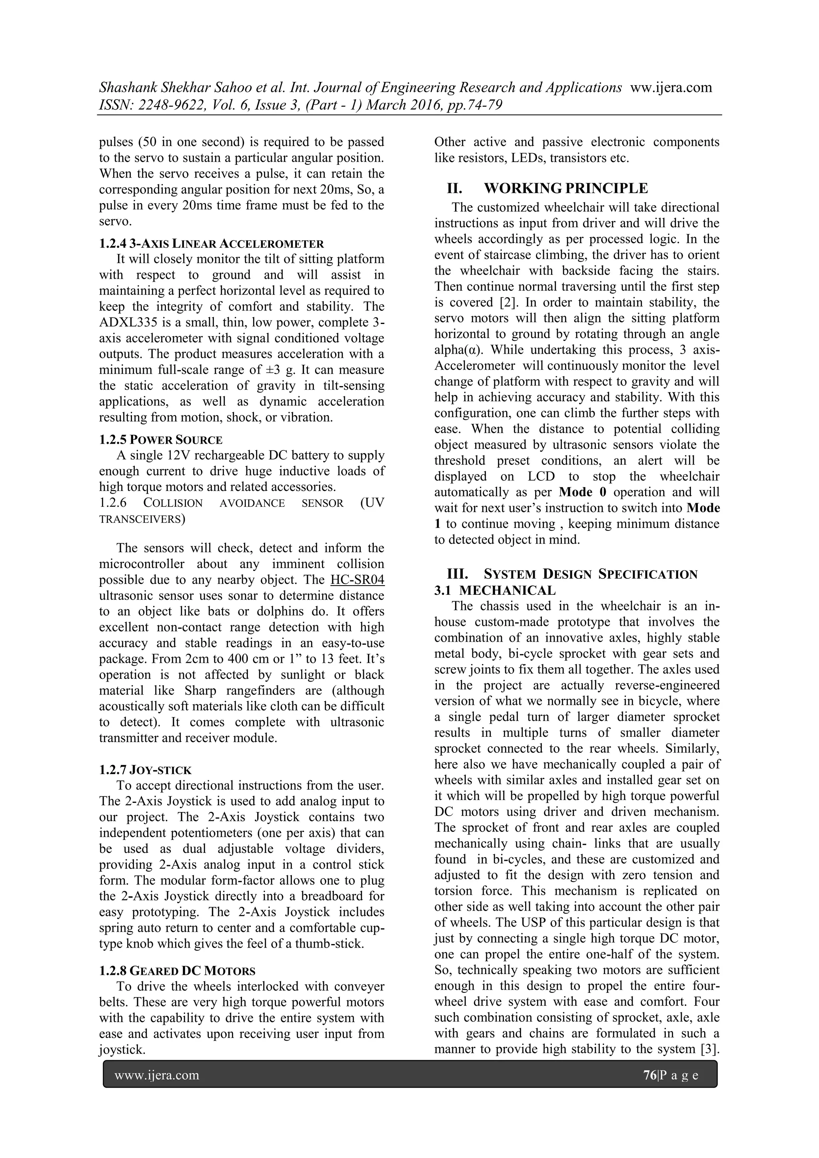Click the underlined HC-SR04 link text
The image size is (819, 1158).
click(357, 580)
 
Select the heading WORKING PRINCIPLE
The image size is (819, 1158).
click(566, 189)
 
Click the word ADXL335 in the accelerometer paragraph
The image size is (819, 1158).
click(124, 322)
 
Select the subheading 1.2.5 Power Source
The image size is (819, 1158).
click(160, 439)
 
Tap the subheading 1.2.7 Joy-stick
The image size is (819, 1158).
click(145, 770)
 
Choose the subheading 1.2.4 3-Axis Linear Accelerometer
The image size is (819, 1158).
click(211, 244)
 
